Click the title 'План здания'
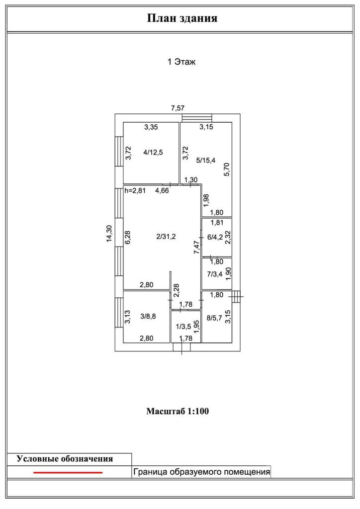pos(182,19)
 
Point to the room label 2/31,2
pos(166,237)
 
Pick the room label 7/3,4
pos(215,273)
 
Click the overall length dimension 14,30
pos(109,233)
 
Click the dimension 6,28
pos(128,237)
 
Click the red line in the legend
pos(68,472)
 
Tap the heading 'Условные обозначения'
pos(65,459)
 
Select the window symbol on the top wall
pos(197,118)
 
